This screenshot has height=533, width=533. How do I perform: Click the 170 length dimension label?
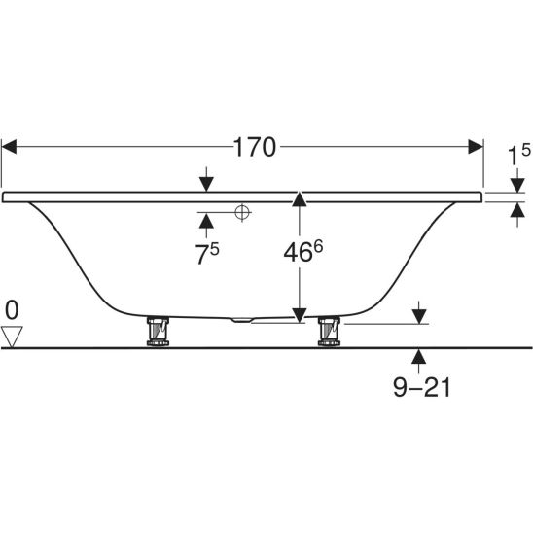(x=255, y=147)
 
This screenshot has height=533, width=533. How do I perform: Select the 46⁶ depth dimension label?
(x=302, y=251)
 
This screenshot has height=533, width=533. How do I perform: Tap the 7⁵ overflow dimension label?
(x=206, y=253)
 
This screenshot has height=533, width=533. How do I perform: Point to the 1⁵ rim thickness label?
(x=518, y=154)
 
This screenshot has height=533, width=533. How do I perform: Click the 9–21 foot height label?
(x=421, y=387)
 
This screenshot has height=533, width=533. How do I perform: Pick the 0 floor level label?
(x=12, y=310)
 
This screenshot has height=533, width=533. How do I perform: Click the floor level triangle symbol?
(x=12, y=337)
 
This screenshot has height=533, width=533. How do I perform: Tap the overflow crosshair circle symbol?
(x=242, y=212)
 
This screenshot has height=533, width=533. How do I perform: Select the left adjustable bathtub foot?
(x=158, y=332)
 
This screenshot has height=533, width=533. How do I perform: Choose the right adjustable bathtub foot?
(x=329, y=332)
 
